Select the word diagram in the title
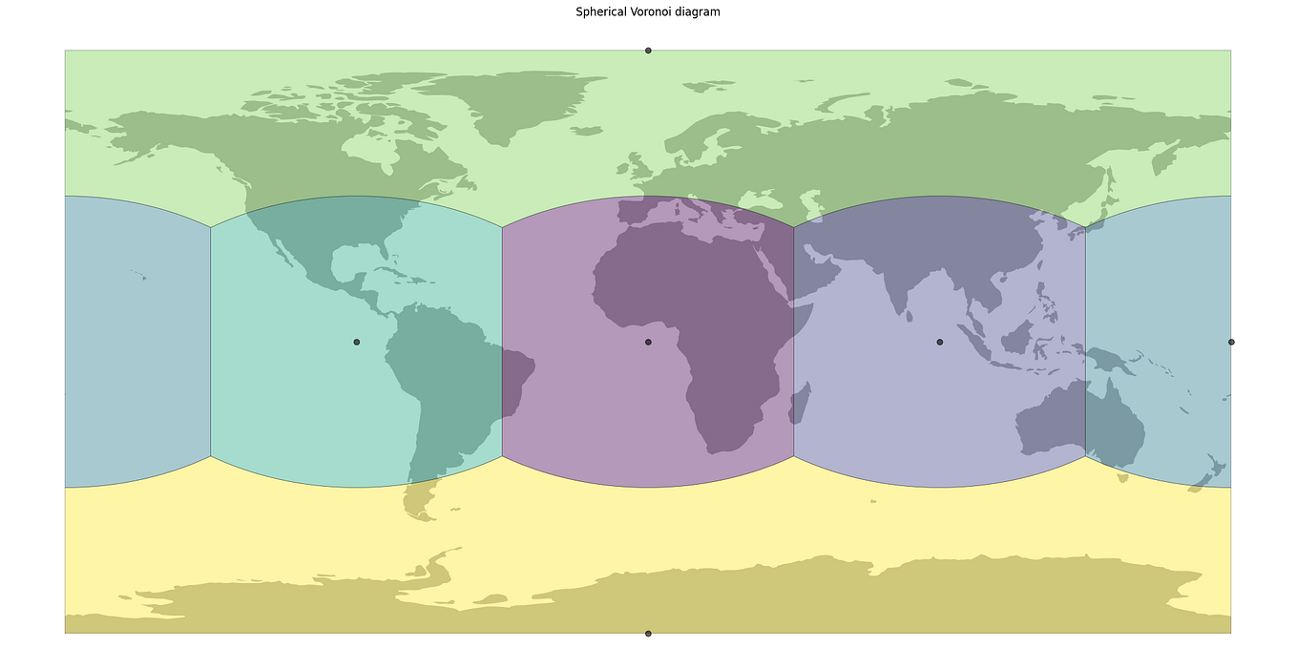click(x=700, y=12)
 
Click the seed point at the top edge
click(x=648, y=51)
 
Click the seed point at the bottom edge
click(x=648, y=633)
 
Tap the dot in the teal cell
click(x=357, y=342)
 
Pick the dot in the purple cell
click(x=648, y=342)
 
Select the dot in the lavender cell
click(x=939, y=342)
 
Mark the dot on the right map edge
click(x=1231, y=342)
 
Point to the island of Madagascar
click(x=800, y=403)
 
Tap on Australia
click(x=1078, y=420)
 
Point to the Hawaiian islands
click(x=139, y=275)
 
